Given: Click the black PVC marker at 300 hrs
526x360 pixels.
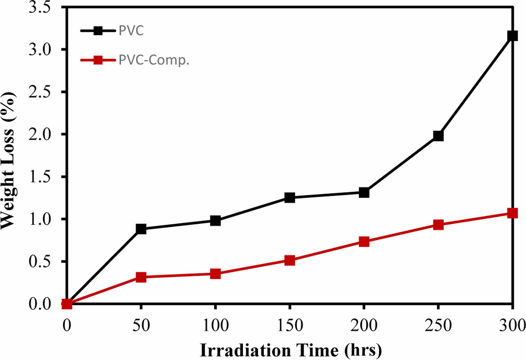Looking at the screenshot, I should (x=512, y=36).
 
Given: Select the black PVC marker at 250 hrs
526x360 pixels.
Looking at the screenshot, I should (x=438, y=136).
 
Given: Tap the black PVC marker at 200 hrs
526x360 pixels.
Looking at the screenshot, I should (x=364, y=193).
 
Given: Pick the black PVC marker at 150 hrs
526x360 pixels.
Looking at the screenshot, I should (x=289, y=198).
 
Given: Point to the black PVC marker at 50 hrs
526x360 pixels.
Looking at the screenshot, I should (x=141, y=229).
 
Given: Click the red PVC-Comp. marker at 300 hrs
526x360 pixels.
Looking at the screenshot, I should (x=512, y=213).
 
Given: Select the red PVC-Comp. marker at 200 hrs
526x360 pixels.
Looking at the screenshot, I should (x=364, y=241).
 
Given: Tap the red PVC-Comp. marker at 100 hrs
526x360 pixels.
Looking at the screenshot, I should (x=215, y=274).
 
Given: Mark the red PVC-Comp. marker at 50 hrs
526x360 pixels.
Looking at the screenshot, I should (x=141, y=277).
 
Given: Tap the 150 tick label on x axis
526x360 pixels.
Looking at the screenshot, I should (x=289, y=325).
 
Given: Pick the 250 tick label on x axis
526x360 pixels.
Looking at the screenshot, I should (x=438, y=325).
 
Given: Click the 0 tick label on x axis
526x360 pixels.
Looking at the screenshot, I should (x=67, y=325).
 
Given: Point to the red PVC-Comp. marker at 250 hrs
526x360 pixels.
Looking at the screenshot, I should (x=438, y=225).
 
